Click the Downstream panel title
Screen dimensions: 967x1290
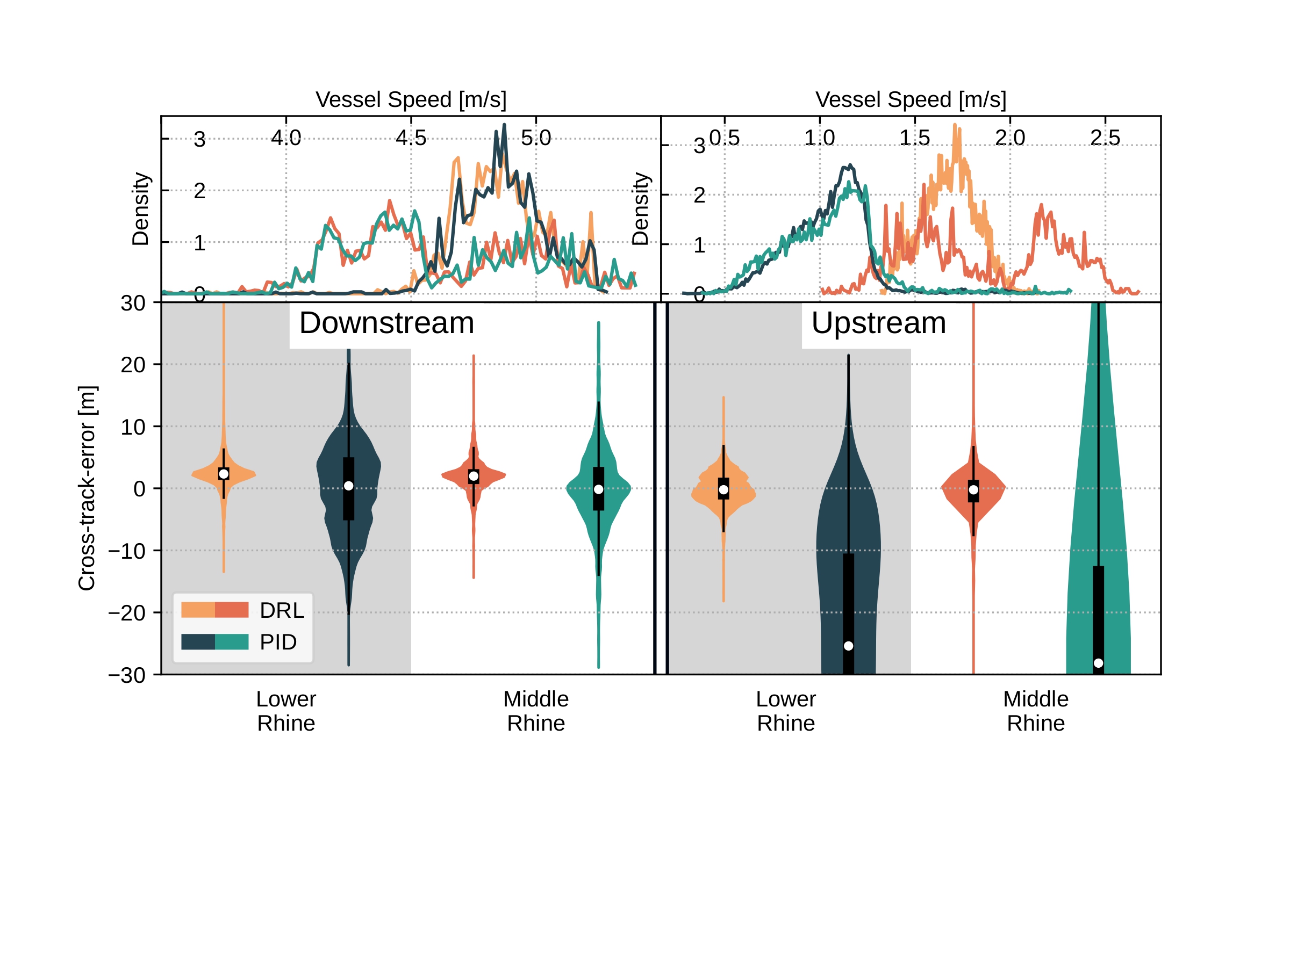pyautogui.click(x=386, y=323)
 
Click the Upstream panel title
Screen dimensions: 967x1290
pyautogui.click(x=878, y=323)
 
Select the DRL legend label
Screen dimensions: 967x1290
pyautogui.click(x=282, y=610)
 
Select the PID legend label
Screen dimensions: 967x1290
pyautogui.click(x=278, y=643)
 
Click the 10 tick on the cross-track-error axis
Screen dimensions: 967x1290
pyautogui.click(x=133, y=427)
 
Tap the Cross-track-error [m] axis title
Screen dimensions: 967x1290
pyautogui.click(x=87, y=488)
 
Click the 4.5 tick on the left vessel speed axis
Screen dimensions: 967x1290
pyautogui.click(x=411, y=138)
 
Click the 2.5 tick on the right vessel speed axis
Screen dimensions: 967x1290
pyautogui.click(x=1105, y=138)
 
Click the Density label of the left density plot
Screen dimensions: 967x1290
pyautogui.click(x=140, y=208)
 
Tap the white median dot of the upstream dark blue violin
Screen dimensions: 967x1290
pyautogui.click(x=849, y=646)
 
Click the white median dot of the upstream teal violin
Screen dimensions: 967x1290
pyautogui.click(x=1098, y=663)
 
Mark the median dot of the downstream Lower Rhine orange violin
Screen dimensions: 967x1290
pyautogui.click(x=224, y=474)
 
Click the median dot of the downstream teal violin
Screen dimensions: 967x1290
pyautogui.click(x=598, y=489)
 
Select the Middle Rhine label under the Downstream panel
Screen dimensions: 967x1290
pyautogui.click(x=536, y=711)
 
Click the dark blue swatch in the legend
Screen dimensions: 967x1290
pyautogui.click(x=198, y=643)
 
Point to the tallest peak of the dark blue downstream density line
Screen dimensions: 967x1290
pyautogui.click(x=505, y=126)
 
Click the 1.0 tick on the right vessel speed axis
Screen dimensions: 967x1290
pyautogui.click(x=819, y=138)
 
